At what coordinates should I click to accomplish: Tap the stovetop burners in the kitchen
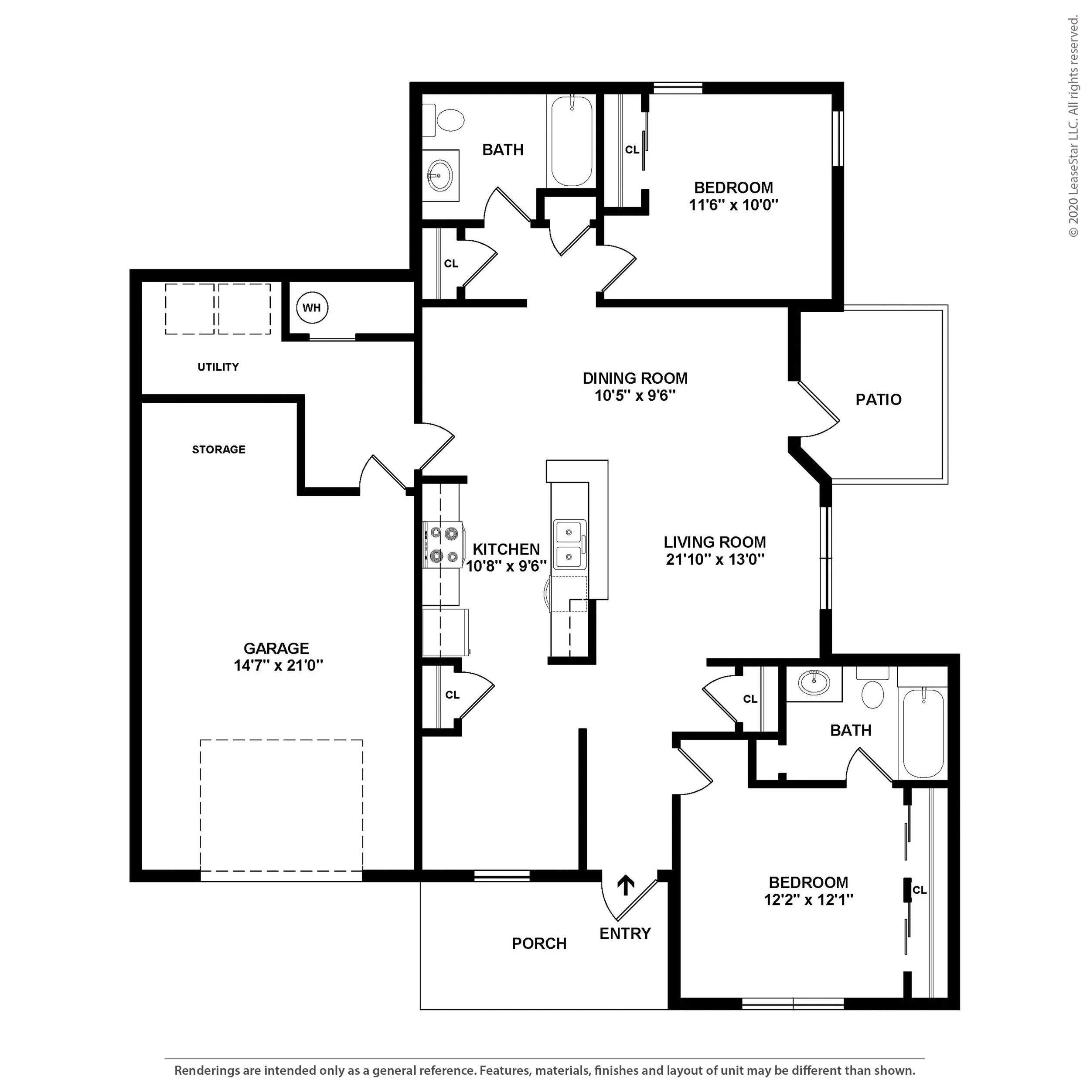tap(443, 545)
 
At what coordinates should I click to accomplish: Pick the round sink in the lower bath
tap(814, 684)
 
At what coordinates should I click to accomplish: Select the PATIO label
tap(879, 399)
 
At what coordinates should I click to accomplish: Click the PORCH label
tap(539, 944)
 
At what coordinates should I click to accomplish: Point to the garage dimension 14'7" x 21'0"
tap(279, 666)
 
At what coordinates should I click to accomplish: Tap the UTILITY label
tap(218, 367)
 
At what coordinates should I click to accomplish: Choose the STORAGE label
tap(219, 450)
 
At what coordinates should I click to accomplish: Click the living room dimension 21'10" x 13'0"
tap(715, 560)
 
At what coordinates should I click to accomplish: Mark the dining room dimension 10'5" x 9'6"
tap(635, 395)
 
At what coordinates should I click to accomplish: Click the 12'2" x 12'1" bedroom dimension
tap(808, 899)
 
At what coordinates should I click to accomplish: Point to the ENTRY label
tap(625, 933)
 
